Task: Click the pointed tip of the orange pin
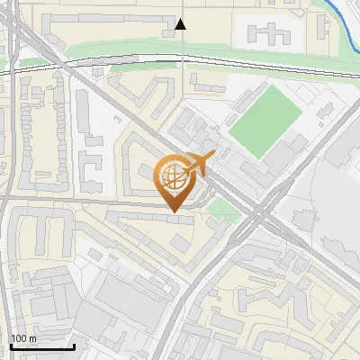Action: [x=173, y=211]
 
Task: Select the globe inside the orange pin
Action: [x=173, y=177]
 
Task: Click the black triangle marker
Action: [x=181, y=24]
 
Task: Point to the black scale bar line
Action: [x=41, y=347]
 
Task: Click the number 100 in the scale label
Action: [x=19, y=338]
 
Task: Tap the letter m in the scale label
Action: [x=32, y=339]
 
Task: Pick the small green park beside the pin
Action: [x=217, y=211]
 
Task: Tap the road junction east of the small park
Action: [x=258, y=219]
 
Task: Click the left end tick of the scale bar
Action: [x=10, y=346]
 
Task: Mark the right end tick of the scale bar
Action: [x=74, y=346]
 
